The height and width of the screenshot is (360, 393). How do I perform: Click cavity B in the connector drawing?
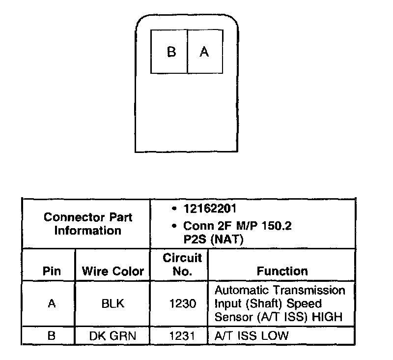pyautogui.click(x=169, y=52)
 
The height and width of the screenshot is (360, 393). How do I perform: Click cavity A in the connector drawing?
pyautogui.click(x=205, y=52)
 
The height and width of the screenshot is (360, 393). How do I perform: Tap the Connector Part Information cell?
pyautogui.click(x=88, y=224)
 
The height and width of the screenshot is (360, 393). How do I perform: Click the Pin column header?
pyautogui.click(x=52, y=270)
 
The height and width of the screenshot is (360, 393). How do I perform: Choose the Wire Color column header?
pyautogui.click(x=112, y=270)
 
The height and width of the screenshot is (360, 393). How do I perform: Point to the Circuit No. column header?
pyautogui.click(x=182, y=264)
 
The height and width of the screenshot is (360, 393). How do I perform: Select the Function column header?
pyautogui.click(x=282, y=270)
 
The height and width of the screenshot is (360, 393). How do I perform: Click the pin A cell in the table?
pyautogui.click(x=52, y=303)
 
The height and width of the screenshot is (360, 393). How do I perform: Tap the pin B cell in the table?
pyautogui.click(x=52, y=336)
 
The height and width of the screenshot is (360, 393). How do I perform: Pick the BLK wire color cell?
pyautogui.click(x=112, y=303)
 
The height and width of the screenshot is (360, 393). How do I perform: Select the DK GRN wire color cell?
pyautogui.click(x=112, y=336)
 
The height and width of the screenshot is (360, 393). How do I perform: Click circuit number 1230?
pyautogui.click(x=182, y=303)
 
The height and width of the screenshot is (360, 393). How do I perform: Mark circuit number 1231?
pyautogui.click(x=182, y=336)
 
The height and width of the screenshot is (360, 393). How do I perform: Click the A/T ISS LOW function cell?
pyautogui.click(x=252, y=336)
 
